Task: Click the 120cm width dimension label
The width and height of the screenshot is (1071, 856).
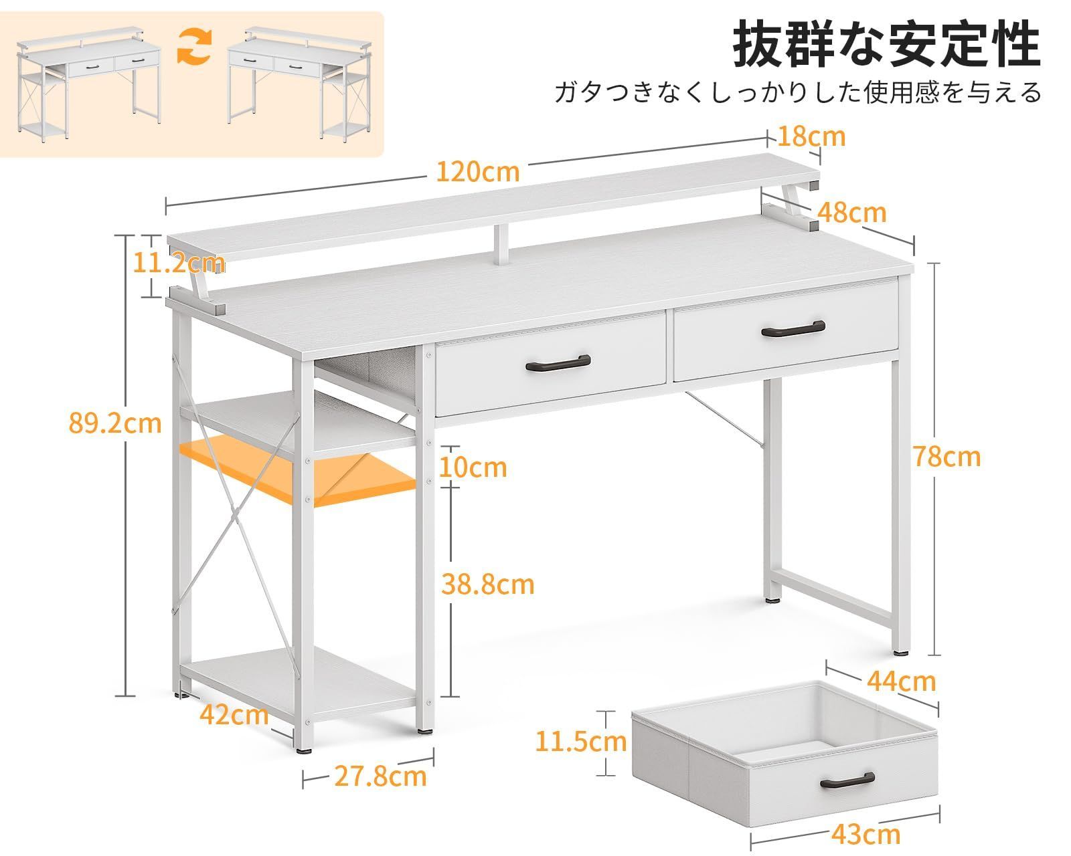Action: tap(478, 172)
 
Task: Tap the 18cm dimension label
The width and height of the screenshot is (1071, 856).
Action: tap(811, 137)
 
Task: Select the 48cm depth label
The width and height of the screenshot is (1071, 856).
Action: tap(852, 213)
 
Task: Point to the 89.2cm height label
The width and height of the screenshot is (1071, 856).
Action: tap(115, 424)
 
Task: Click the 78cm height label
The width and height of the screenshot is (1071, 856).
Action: tap(946, 457)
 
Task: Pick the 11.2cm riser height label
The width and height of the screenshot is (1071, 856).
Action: tap(178, 263)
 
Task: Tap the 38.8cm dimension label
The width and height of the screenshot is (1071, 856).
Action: tap(488, 584)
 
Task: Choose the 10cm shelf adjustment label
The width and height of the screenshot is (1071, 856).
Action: tap(473, 467)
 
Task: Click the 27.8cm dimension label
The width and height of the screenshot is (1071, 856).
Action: tap(381, 776)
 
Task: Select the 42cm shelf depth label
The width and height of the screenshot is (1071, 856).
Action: tap(234, 715)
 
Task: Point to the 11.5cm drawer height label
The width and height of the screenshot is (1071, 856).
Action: tap(581, 742)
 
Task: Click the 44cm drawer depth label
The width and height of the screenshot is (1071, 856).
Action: tap(901, 681)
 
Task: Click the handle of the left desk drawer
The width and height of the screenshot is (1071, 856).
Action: tap(558, 363)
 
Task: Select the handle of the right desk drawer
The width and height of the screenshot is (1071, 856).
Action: tap(793, 329)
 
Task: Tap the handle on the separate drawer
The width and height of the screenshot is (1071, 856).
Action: tap(847, 780)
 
